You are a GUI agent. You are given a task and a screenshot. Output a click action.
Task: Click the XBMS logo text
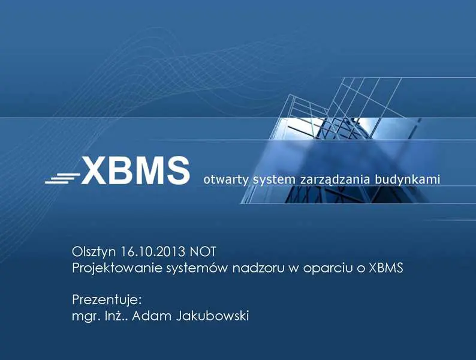click(135, 170)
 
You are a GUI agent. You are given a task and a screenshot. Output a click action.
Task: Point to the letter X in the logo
click(95, 170)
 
